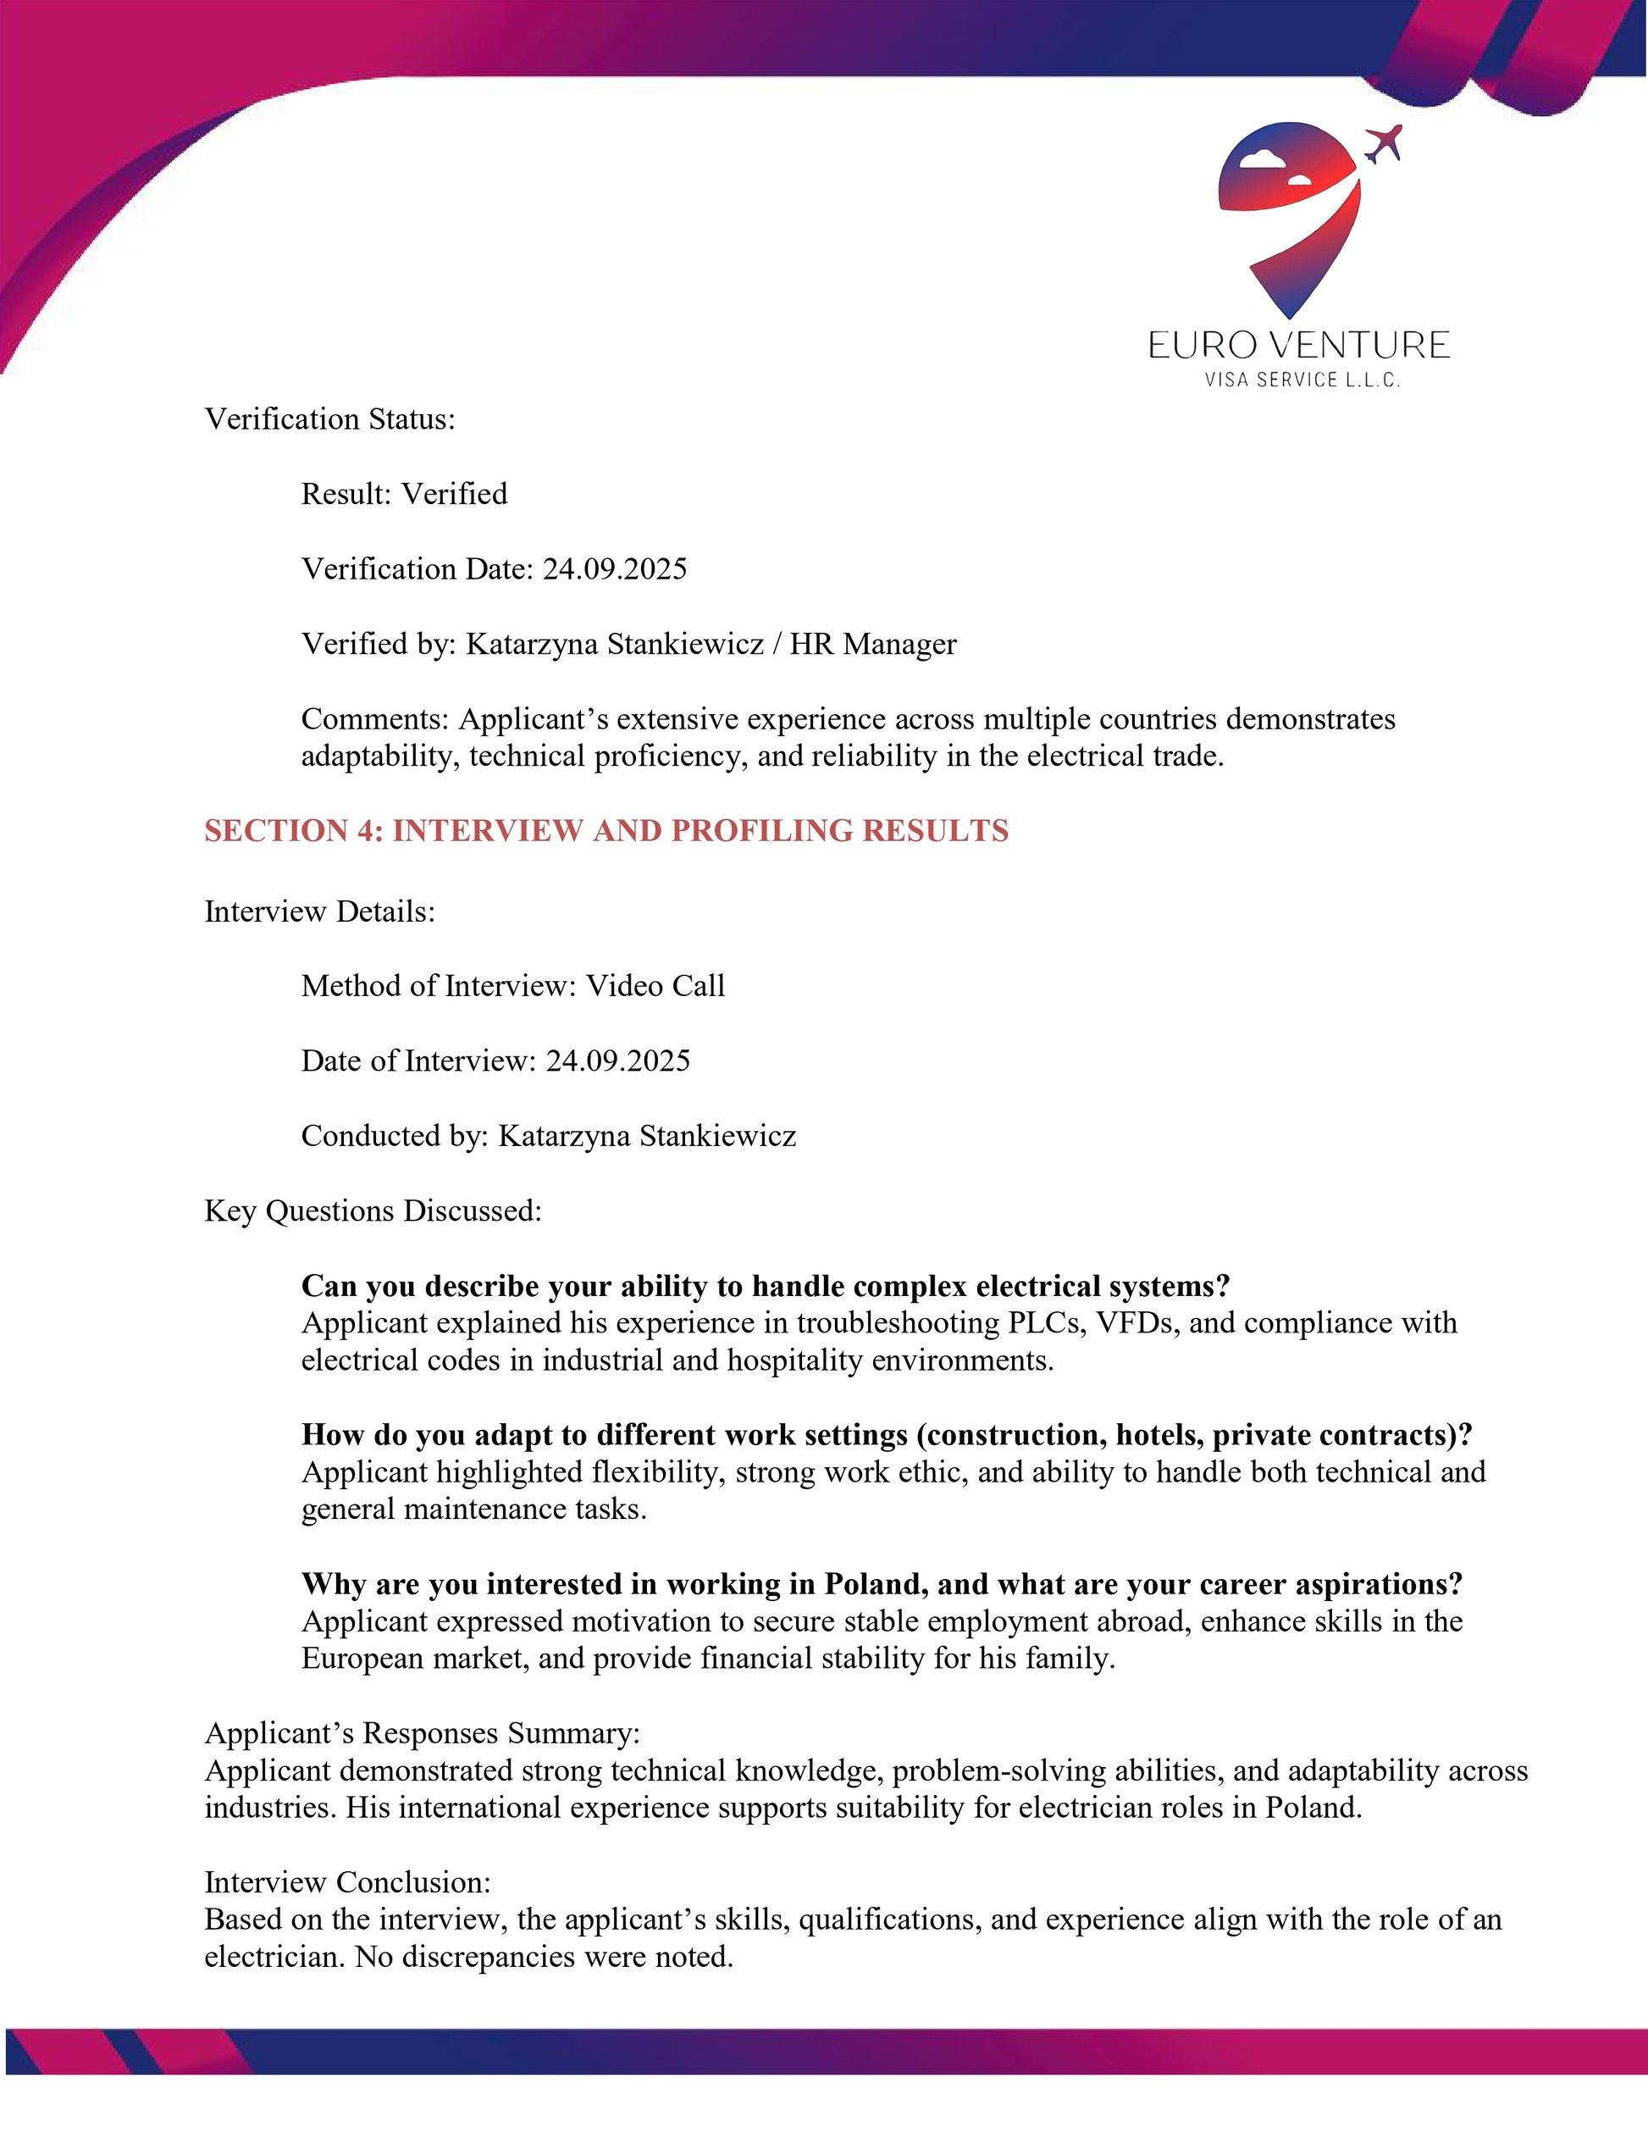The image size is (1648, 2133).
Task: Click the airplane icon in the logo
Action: coord(1382,145)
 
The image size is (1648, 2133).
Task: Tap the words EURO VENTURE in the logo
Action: coord(1298,346)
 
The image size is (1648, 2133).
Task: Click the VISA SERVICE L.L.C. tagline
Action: coord(1302,380)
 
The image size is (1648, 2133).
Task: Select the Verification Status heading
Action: coord(330,419)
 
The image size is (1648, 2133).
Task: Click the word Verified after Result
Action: coord(454,494)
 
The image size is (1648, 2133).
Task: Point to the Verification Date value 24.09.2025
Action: coord(614,568)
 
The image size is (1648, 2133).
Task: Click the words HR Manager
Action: coord(873,644)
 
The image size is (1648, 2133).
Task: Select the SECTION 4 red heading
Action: coord(606,830)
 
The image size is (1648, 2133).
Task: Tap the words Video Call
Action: coord(655,985)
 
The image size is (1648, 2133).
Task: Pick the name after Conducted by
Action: coord(646,1136)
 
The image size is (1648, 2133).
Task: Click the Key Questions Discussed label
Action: coord(373,1211)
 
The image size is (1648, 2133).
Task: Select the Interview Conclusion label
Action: coord(347,1882)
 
